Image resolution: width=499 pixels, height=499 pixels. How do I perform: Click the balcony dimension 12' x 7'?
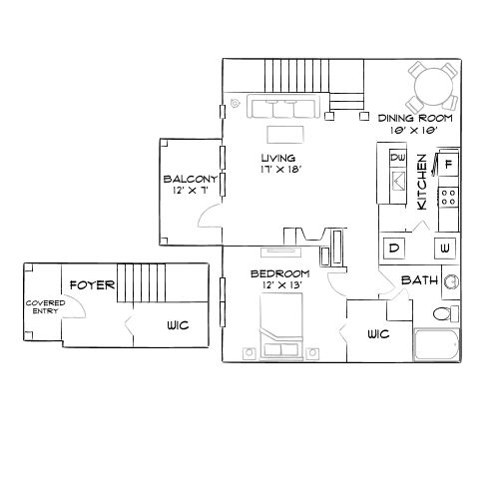189,191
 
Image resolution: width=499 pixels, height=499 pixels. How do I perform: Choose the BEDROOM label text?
279,273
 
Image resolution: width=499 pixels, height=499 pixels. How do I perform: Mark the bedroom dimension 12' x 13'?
279,286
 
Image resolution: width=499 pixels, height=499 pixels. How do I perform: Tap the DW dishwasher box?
397,158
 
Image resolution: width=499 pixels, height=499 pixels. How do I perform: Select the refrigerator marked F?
449,163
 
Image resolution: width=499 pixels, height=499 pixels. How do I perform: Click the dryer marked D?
393,248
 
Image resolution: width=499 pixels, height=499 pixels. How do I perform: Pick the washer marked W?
445,248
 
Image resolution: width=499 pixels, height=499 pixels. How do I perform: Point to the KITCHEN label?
423,181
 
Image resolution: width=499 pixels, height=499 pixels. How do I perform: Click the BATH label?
419,280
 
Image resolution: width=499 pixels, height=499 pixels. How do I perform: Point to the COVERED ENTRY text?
45,306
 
